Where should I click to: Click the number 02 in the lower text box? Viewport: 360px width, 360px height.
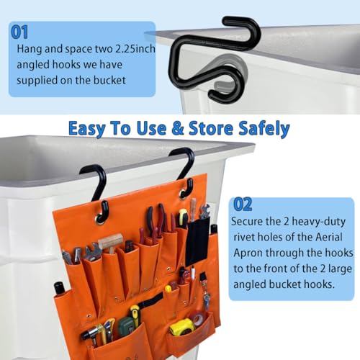click(243, 204)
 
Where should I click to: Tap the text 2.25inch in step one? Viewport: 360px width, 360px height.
click(135, 49)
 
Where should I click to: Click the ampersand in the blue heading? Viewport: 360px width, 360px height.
click(178, 127)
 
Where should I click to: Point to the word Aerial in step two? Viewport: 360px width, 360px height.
click(329, 237)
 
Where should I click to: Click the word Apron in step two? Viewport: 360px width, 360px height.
click(248, 253)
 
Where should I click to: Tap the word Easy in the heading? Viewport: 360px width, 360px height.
click(87, 129)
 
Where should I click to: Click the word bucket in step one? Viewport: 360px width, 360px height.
click(109, 80)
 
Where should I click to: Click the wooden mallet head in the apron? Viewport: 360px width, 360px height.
click(111, 241)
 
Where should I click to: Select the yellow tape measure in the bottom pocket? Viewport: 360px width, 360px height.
click(182, 327)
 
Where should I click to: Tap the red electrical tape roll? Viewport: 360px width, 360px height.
click(199, 318)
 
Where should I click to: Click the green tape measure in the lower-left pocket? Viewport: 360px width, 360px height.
click(126, 326)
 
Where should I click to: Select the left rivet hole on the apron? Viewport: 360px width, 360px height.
click(99, 219)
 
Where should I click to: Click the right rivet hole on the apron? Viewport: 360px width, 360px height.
click(184, 193)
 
